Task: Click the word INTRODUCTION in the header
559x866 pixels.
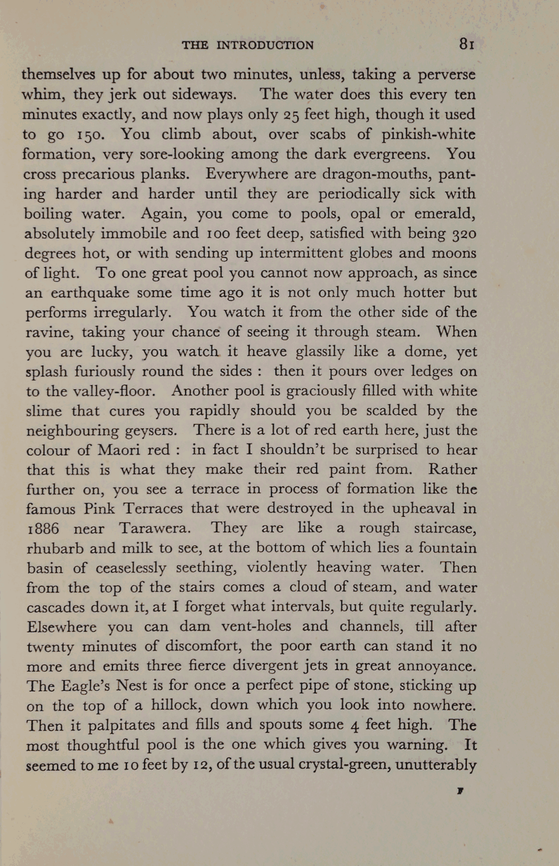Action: (265, 45)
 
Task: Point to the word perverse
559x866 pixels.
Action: (447, 75)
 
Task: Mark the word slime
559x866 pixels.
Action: (44, 411)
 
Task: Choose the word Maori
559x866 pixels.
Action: (120, 450)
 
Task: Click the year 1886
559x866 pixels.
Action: (43, 529)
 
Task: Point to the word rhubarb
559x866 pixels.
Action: (55, 548)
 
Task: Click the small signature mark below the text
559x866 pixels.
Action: (460, 791)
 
